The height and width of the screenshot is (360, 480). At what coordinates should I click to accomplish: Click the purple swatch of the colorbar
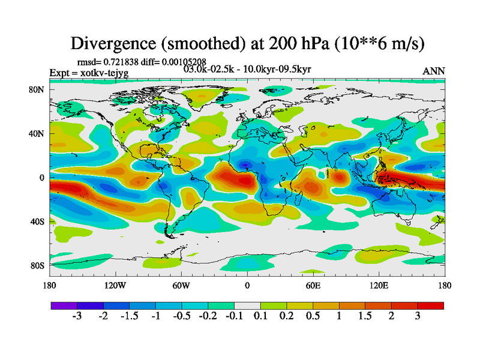[64, 305]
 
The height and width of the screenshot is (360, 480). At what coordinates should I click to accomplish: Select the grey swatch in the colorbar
[247, 305]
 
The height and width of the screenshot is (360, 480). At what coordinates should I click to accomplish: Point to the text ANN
[434, 71]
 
